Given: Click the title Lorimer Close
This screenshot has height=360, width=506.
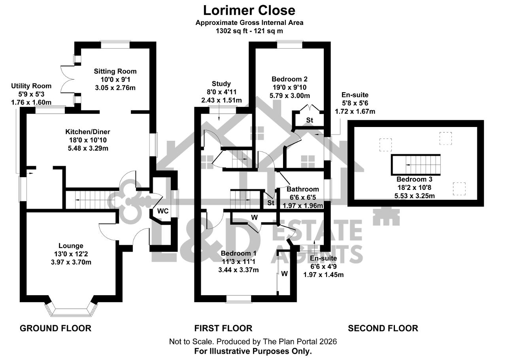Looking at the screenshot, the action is coord(249,10).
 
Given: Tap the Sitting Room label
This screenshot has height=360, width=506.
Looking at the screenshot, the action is coord(115,72).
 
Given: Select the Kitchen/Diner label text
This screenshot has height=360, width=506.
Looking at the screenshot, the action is coord(88,132).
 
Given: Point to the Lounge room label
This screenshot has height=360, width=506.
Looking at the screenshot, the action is coord(71,246).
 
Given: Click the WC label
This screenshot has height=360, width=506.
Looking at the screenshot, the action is coord(163,211).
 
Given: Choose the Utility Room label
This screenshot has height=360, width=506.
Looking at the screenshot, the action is coord(31,86).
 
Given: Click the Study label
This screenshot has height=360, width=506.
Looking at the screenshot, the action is coord(221,84).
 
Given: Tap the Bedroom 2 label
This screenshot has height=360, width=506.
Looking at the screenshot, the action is coord(289,79).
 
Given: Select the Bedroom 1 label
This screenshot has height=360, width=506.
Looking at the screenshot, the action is coord(238,253).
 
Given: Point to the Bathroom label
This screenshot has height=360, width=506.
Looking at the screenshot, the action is coord(303,189).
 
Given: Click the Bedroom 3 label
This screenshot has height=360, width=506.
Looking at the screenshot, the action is coord(414,179).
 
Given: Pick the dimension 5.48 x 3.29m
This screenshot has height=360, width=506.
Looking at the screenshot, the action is coord(88,148).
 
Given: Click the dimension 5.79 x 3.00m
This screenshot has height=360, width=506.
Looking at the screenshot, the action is coord(290,96).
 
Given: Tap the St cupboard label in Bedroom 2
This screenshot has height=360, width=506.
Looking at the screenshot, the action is coord(310,120).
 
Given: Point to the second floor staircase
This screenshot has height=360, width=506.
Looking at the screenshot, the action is coord(415,165).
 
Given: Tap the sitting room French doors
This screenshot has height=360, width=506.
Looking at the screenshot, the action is coord(67,79).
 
